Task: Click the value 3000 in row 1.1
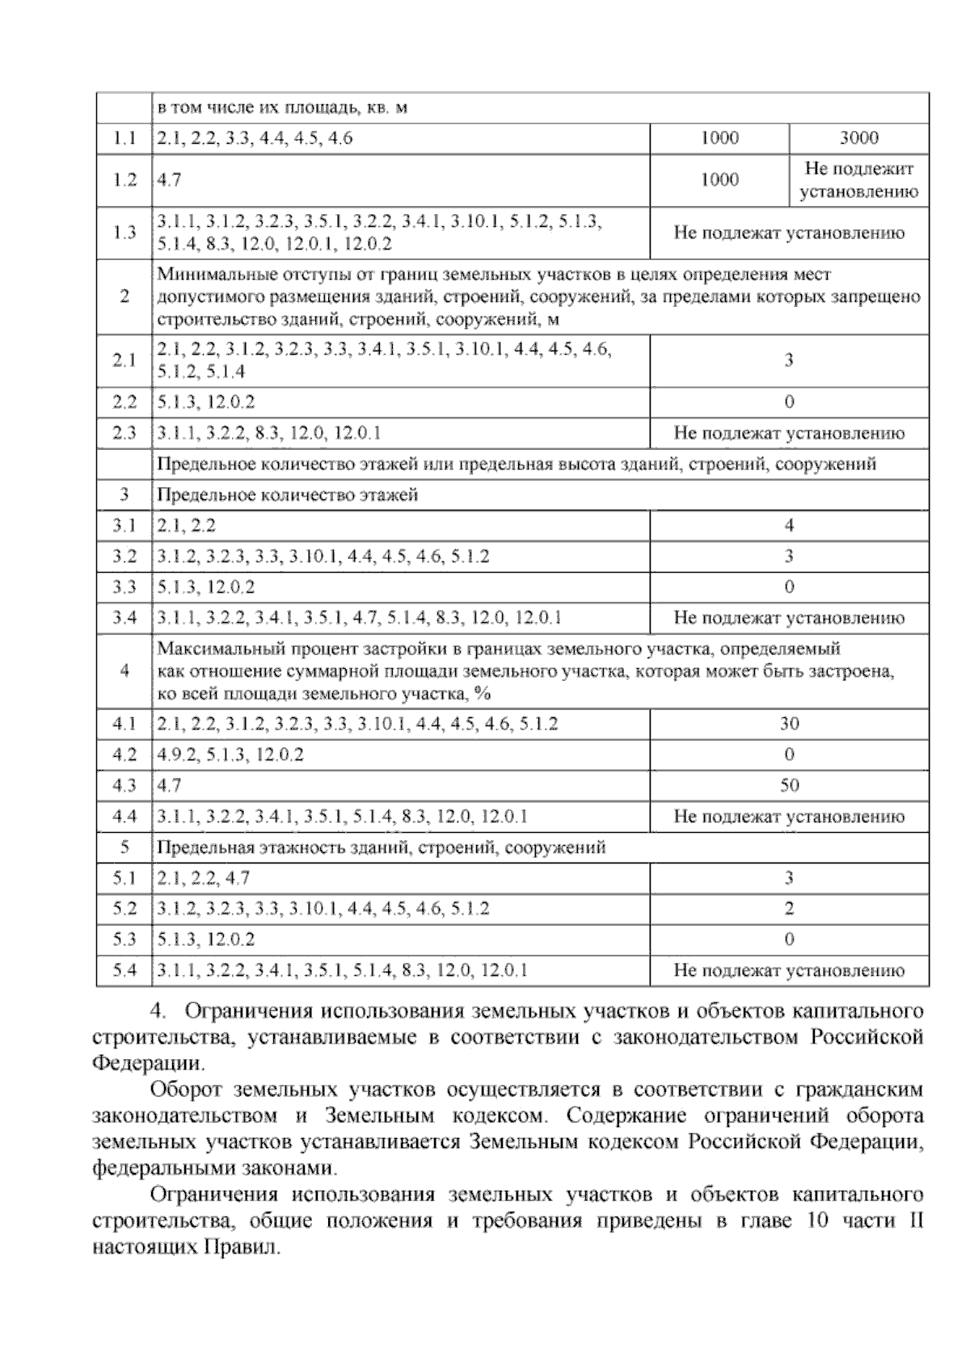[858, 138]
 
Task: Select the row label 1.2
[124, 180]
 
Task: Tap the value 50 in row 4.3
[789, 785]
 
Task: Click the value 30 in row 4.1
[789, 724]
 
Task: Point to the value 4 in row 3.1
[789, 526]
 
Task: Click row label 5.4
[124, 970]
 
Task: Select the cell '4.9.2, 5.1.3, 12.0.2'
[231, 754]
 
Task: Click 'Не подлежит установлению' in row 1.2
[858, 180]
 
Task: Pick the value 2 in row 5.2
[789, 909]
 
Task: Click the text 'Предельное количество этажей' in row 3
[288, 495]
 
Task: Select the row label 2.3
[124, 433]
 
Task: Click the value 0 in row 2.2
[789, 402]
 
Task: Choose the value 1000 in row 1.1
[719, 138]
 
